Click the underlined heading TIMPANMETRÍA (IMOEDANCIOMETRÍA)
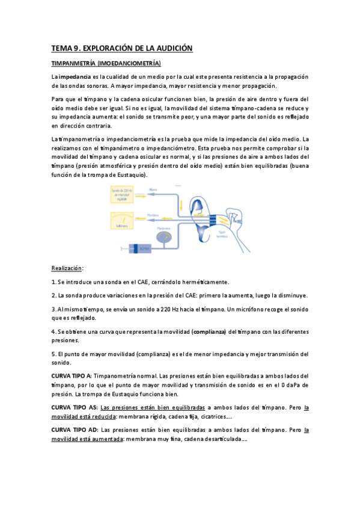click(106, 63)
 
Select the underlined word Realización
click(67, 268)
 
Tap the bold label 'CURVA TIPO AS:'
click(73, 407)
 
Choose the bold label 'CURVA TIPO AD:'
click(74, 430)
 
